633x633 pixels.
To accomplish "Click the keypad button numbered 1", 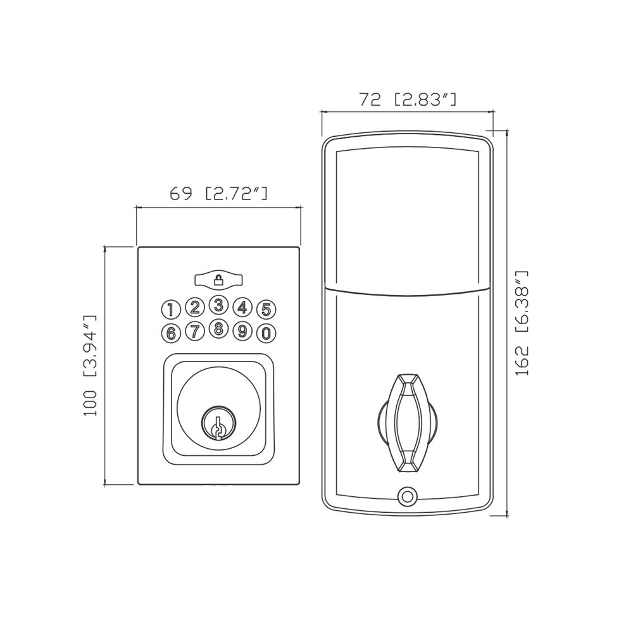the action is point(171,310).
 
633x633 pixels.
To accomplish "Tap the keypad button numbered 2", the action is point(195,308).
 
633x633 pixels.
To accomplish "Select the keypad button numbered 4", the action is point(242,308).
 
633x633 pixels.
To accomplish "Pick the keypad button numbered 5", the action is point(266,310).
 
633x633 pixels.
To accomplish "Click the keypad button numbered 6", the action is point(171,334).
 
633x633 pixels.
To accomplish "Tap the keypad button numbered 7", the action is point(195,332).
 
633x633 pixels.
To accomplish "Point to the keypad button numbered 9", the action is point(242,332).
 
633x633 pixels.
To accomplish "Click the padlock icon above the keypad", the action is point(218,279).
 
